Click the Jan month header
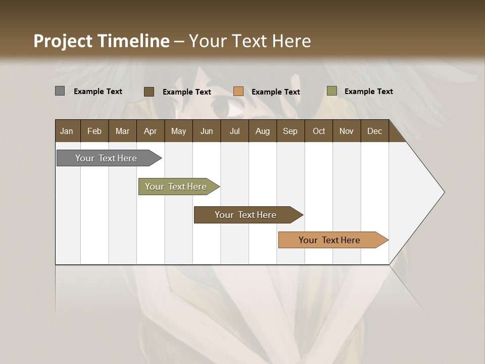(x=67, y=131)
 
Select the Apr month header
(x=151, y=131)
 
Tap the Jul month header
(x=234, y=131)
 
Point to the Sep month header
(x=290, y=131)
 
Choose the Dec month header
(x=374, y=131)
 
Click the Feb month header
(x=94, y=131)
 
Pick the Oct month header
(x=319, y=131)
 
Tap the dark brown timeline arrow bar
(x=246, y=215)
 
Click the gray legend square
(x=60, y=91)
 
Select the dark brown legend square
(x=149, y=92)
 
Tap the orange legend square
(x=238, y=92)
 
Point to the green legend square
(x=331, y=91)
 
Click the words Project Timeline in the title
(x=101, y=41)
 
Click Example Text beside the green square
(x=368, y=92)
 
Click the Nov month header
(x=347, y=131)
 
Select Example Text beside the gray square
(x=98, y=92)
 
